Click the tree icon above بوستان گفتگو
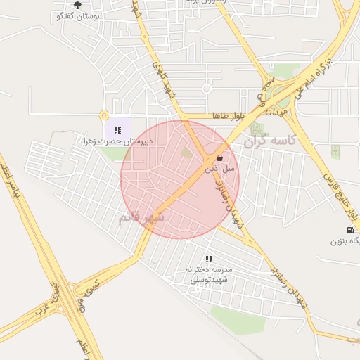click(x=77, y=5)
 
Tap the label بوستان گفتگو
click(x=77, y=15)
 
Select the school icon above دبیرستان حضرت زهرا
click(x=117, y=129)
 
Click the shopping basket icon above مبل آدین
click(x=219, y=158)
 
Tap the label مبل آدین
click(x=220, y=169)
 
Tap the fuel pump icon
click(x=349, y=230)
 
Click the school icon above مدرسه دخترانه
click(x=209, y=259)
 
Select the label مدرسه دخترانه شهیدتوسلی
click(x=209, y=274)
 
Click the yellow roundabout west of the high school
click(x=104, y=115)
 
